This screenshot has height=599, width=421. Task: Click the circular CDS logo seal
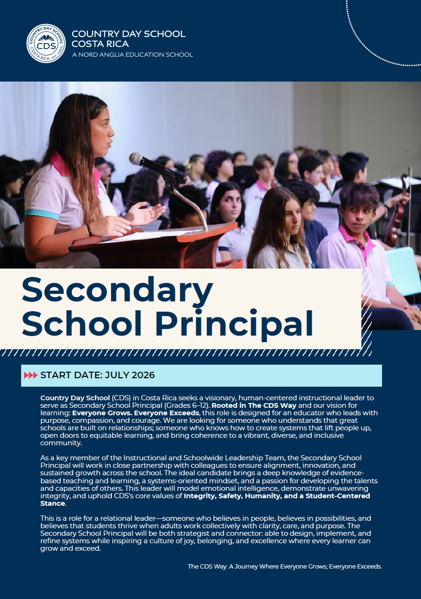[46, 43]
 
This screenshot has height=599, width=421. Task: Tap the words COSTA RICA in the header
[100, 44]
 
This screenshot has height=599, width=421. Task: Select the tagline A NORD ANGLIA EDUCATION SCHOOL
[132, 55]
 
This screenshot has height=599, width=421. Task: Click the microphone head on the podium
[137, 159]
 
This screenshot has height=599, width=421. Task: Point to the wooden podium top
[155, 236]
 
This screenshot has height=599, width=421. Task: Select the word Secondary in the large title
[117, 291]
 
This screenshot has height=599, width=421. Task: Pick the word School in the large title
[84, 324]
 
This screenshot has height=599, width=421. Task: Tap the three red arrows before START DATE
[31, 375]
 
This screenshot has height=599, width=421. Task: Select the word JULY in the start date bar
[117, 375]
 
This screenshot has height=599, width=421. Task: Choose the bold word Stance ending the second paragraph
[53, 503]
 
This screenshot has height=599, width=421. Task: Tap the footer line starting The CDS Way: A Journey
[285, 566]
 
